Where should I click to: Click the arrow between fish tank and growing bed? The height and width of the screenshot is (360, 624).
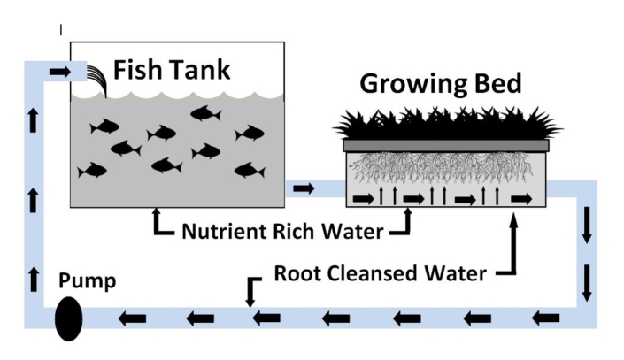[x=303, y=188]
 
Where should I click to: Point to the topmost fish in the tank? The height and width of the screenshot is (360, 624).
[x=205, y=113]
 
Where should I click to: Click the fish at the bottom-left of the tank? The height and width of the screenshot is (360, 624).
[x=92, y=170]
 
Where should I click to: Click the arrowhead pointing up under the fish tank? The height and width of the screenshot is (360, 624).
[x=158, y=213]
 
